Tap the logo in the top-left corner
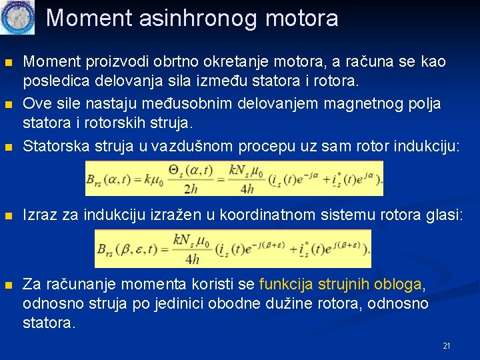pos(18,18)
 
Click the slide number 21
pos(447,346)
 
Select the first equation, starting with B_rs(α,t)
pos(234,179)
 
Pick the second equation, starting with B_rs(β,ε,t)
pos(233,248)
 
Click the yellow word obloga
pos(398,285)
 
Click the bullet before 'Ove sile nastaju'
pos(9,105)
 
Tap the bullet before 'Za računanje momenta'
pos(9,285)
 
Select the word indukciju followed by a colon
pos(431,147)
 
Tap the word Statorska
pos(52,147)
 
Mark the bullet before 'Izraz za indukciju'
pos(9,215)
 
